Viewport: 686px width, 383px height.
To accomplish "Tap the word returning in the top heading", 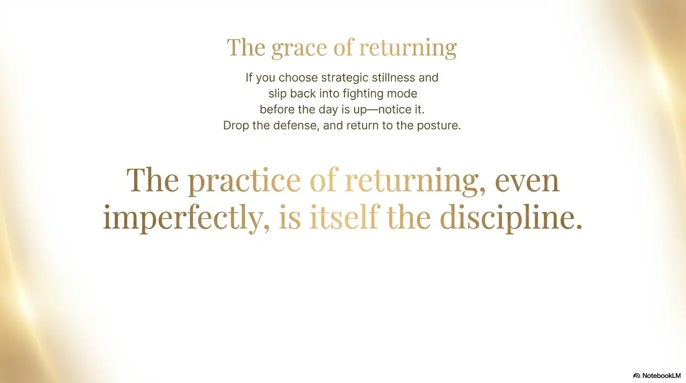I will coord(407,48).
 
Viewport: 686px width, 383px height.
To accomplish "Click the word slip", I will coord(277,94).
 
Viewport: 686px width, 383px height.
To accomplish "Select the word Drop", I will coord(236,126).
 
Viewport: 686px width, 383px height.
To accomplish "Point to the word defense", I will coord(296,126).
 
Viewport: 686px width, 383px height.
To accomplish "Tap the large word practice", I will coord(244,181).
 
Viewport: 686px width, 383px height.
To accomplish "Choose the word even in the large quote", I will coord(527,180).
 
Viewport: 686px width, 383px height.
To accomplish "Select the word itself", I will coord(343,218).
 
